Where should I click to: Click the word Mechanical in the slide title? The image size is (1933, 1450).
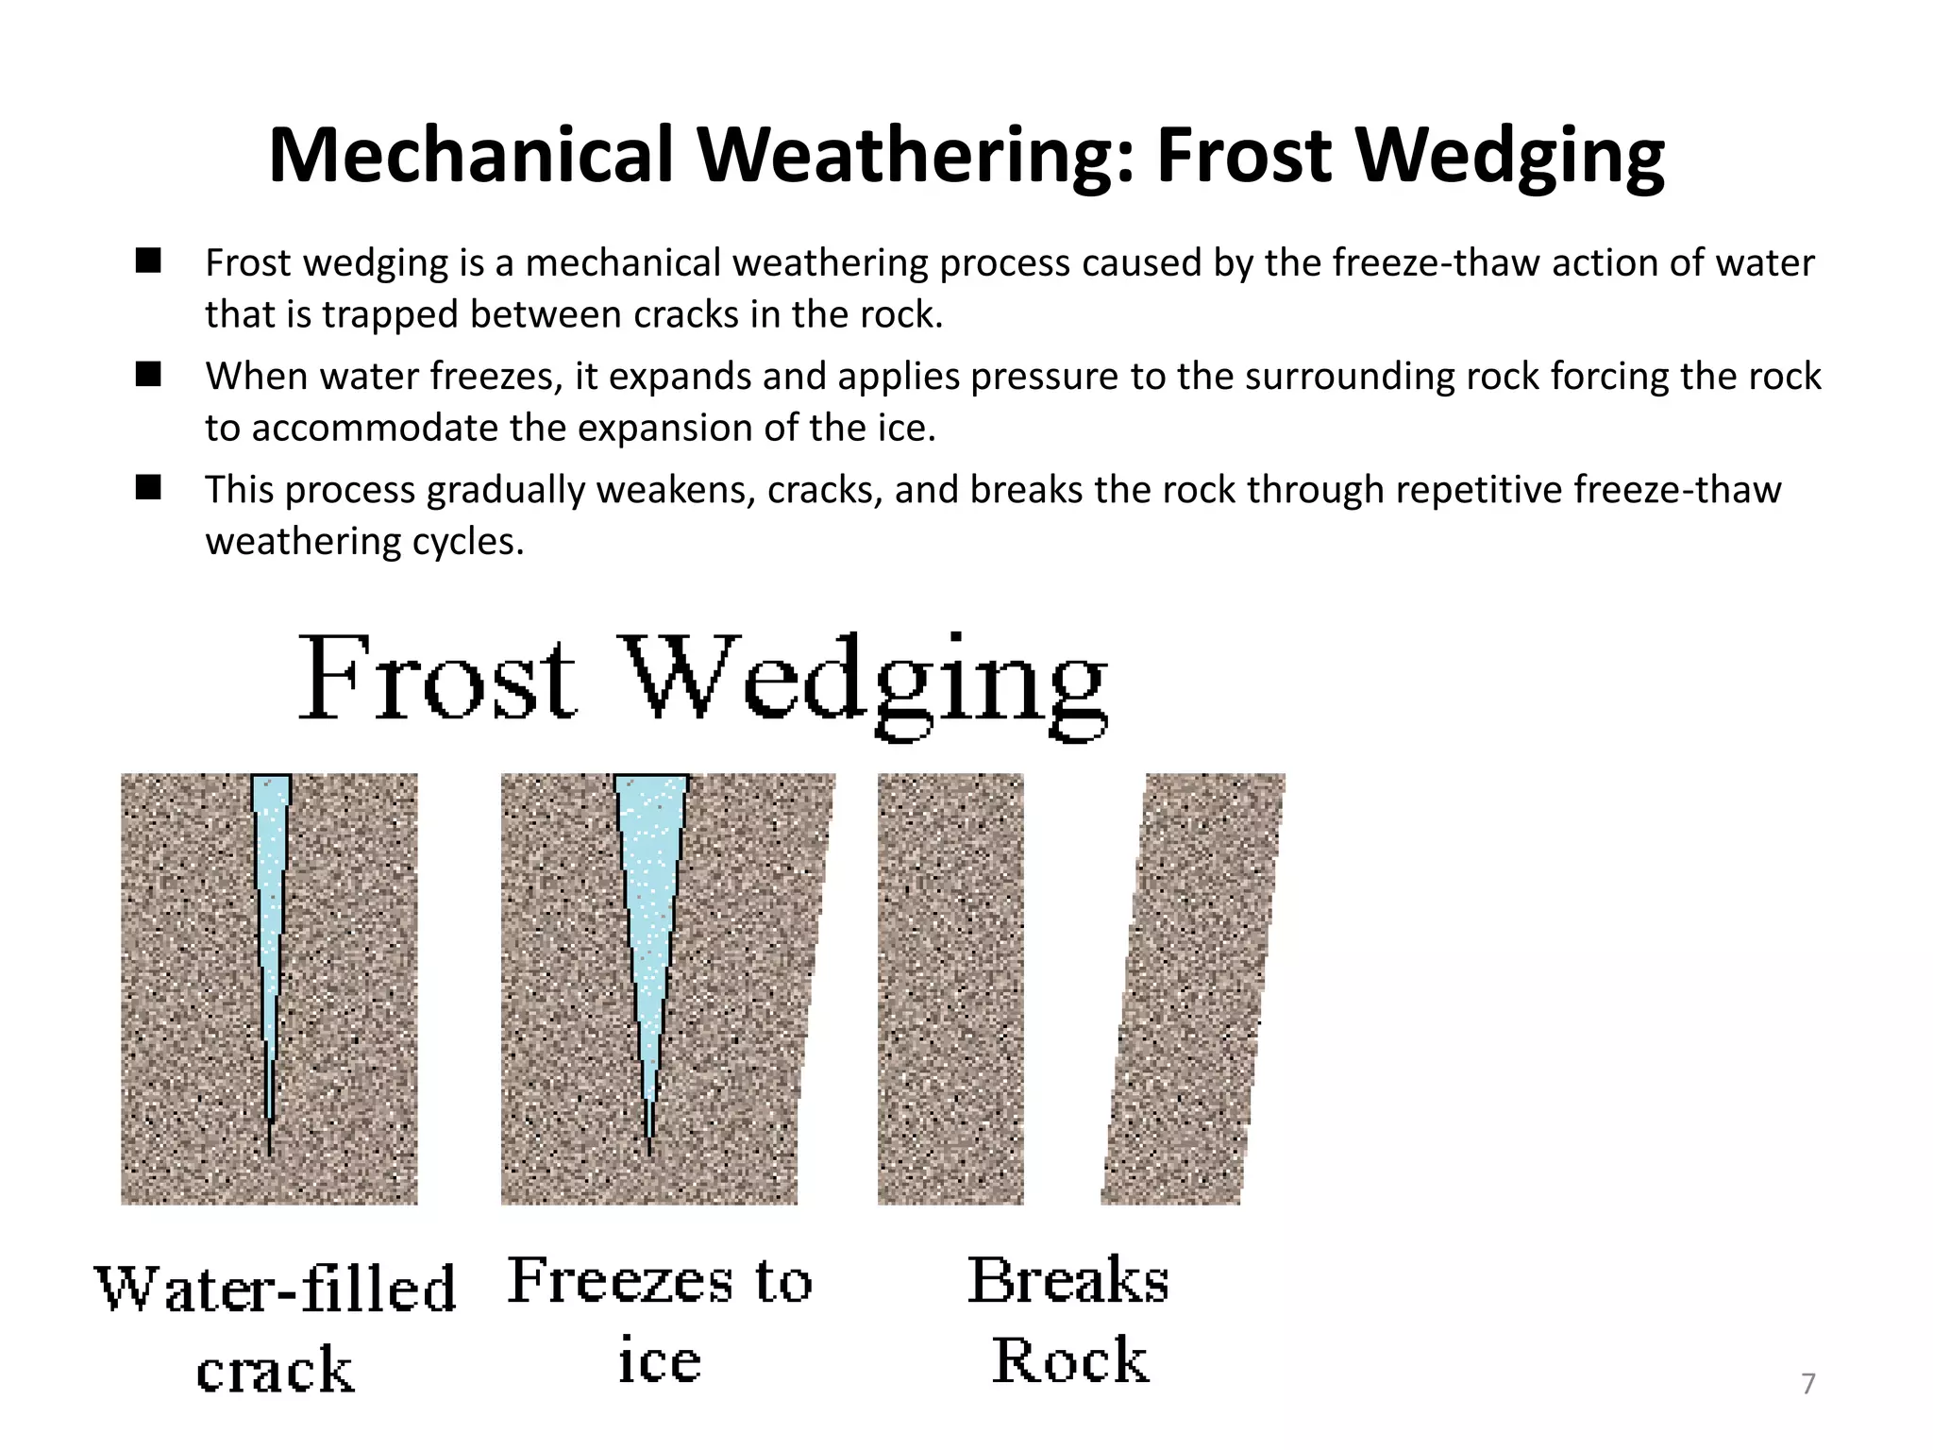tap(470, 155)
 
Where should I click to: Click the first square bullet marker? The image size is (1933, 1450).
tap(148, 261)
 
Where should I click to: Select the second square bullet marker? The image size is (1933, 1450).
tap(148, 375)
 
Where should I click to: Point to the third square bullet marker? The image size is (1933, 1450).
tap(148, 488)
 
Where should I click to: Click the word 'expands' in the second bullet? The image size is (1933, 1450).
tap(681, 377)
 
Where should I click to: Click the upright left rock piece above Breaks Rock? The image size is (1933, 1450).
tap(950, 987)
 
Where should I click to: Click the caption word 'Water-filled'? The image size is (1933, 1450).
tap(275, 1290)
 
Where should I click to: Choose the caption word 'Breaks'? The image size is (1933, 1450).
tap(1068, 1282)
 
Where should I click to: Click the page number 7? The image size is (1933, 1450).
tap(1808, 1384)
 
